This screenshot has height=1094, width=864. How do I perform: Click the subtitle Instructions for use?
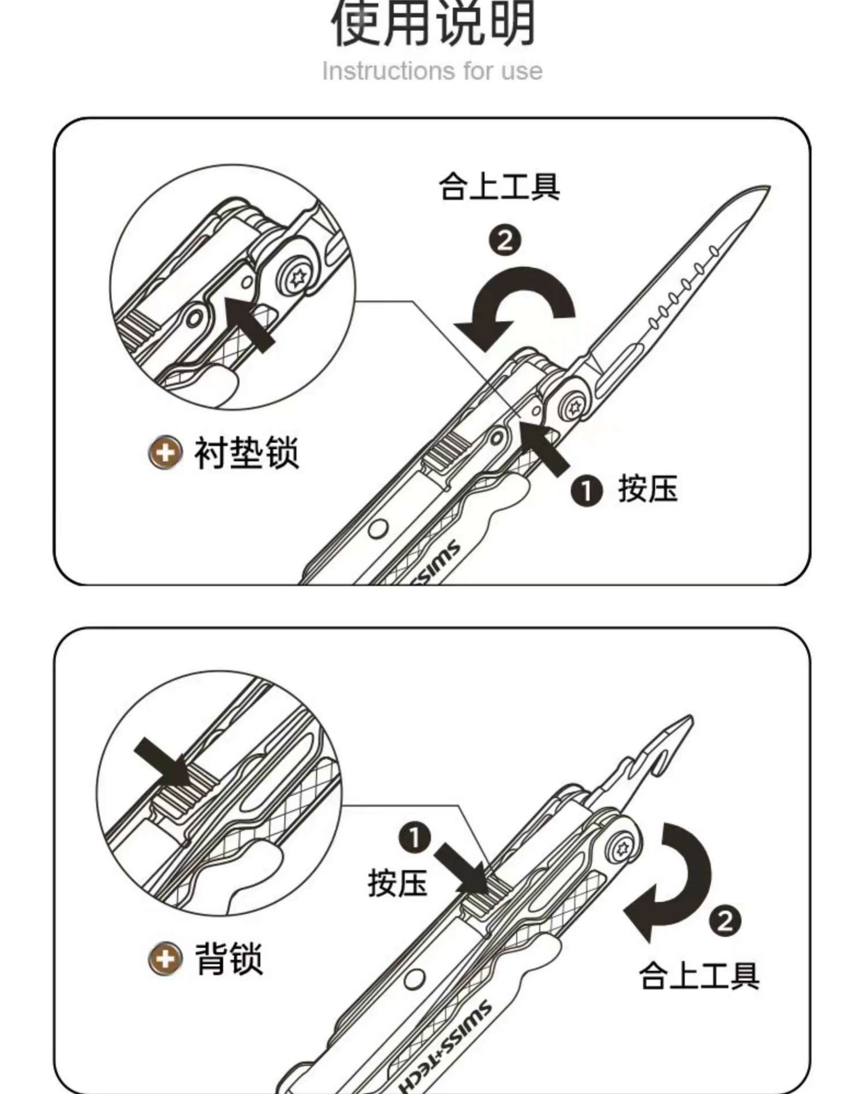(432, 71)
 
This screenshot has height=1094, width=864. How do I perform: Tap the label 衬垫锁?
(247, 453)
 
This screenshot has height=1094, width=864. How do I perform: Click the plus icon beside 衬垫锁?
(165, 453)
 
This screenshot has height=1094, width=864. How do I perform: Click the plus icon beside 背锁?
(165, 959)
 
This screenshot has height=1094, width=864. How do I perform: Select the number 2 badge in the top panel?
(505, 241)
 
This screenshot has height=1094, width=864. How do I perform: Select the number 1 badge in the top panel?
(586, 491)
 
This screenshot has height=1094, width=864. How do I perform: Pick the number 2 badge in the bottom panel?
(725, 921)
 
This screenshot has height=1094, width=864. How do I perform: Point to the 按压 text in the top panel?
(648, 489)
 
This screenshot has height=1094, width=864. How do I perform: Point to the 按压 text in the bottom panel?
(397, 883)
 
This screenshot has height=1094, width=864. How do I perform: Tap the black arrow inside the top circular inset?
(249, 324)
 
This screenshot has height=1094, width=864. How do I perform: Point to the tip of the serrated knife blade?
(770, 187)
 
